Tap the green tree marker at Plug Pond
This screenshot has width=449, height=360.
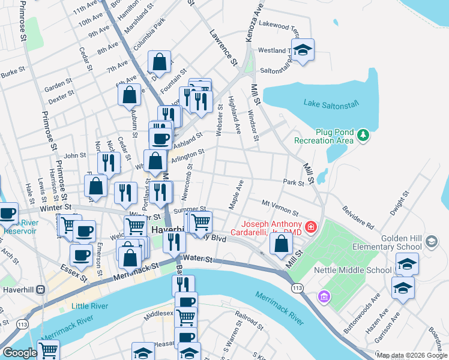pyautogui.click(x=363, y=135)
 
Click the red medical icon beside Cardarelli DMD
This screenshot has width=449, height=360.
pyautogui.click(x=311, y=227)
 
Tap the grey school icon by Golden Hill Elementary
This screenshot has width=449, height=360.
pyautogui.click(x=431, y=242)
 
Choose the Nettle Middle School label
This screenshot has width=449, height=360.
pyautogui.click(x=353, y=270)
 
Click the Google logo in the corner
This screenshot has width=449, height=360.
pyautogui.click(x=20, y=353)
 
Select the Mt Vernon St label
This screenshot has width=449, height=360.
pyautogui.click(x=280, y=208)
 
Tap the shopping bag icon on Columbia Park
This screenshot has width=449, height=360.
pyautogui.click(x=159, y=62)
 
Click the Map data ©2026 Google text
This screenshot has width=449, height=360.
pyautogui.click(x=412, y=355)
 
